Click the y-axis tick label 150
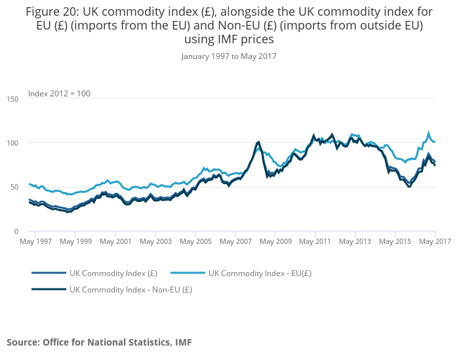[x=13, y=99]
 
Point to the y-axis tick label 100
[x=13, y=143]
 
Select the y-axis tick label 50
[x=14, y=188]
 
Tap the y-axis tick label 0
[x=16, y=231]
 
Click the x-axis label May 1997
[x=35, y=242]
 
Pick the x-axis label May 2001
[x=115, y=242]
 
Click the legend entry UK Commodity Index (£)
[x=113, y=273]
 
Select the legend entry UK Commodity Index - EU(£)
[x=260, y=273]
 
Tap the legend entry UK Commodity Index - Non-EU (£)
[x=130, y=289]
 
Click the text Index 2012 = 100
[x=59, y=94]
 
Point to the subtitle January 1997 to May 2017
[x=229, y=56]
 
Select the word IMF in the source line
[x=183, y=342]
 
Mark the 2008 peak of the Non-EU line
[x=258, y=142]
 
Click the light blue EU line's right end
[x=435, y=142]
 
